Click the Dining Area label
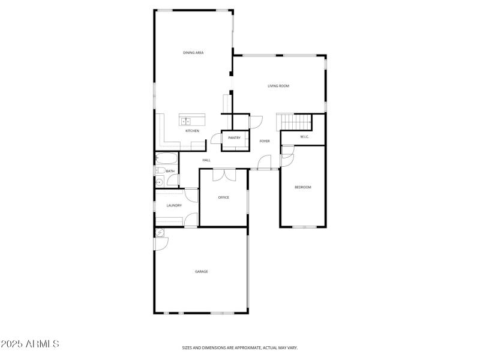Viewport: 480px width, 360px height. tap(193, 53)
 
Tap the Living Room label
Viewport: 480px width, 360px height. tap(278, 86)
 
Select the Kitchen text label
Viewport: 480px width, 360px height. tap(192, 131)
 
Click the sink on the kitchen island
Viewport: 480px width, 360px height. tap(187, 121)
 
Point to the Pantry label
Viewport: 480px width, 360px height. tap(234, 138)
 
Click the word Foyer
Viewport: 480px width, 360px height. tap(265, 141)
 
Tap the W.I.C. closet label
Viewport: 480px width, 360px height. tap(304, 137)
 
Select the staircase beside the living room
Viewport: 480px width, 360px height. tap(295, 122)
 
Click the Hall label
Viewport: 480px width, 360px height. tap(206, 160)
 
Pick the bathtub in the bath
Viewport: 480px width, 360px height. tap(167, 160)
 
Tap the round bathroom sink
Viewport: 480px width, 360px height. tap(160, 182)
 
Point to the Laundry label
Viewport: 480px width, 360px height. tap(174, 206)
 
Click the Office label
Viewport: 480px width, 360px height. tap(223, 197)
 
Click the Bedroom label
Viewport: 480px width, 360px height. tap(302, 187)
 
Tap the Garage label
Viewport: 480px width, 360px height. tap(201, 272)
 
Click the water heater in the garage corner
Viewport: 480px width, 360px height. tap(160, 233)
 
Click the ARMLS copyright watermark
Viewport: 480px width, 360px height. tap(30, 344)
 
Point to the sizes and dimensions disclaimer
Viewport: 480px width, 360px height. tap(240, 347)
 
